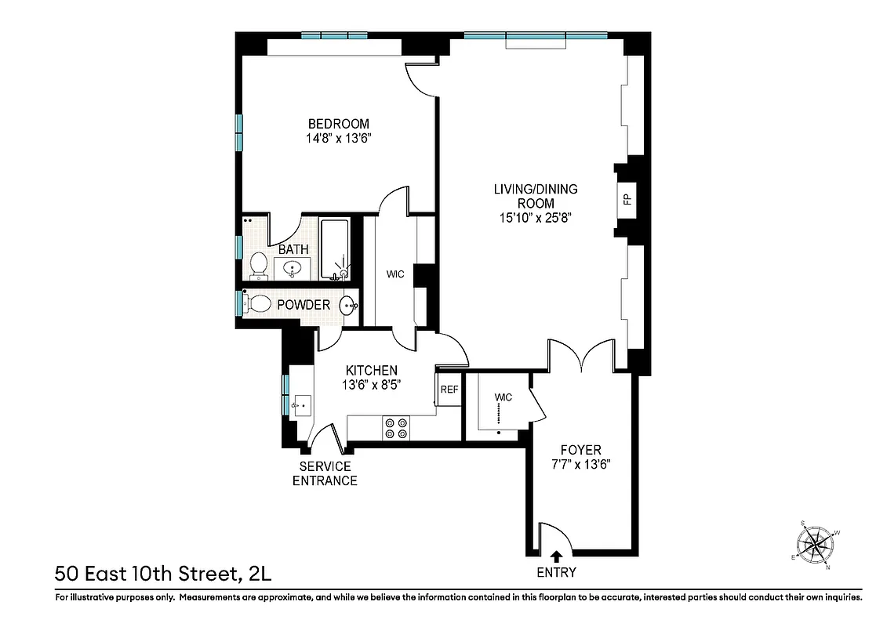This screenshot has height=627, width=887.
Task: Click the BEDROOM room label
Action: point(338,124)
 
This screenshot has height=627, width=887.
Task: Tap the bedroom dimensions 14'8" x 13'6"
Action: point(338,139)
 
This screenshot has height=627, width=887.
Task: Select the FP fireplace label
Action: point(627,198)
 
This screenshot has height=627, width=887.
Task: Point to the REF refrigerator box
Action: point(449,390)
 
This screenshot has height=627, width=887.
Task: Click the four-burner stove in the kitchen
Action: point(396,428)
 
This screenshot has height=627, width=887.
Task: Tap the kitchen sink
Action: point(300,405)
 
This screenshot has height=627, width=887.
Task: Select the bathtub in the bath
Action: point(336,248)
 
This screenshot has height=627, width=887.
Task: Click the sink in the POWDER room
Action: point(348,305)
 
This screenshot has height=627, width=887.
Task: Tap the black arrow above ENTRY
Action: point(556,556)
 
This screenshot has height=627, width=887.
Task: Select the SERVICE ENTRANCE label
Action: point(325,473)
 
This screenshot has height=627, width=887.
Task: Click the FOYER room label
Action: point(580,450)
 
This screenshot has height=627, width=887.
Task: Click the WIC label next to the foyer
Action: point(503,397)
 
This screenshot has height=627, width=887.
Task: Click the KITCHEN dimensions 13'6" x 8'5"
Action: point(372,385)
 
